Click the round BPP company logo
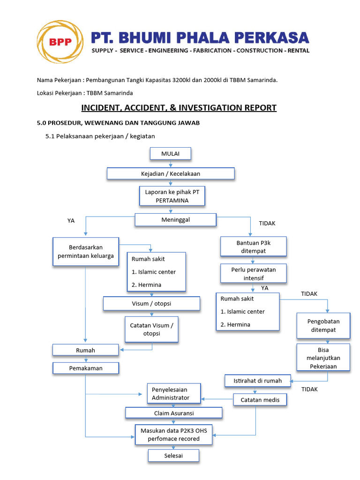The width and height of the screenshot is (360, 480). coord(60,42)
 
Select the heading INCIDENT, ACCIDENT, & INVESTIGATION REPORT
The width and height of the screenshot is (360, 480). coord(179,108)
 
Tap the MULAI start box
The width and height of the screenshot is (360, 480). coord(170,154)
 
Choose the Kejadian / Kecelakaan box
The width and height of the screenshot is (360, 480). coord(171,174)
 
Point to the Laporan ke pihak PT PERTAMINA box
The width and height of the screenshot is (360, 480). coord(172,196)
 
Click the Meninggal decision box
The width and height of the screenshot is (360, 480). coord(176,220)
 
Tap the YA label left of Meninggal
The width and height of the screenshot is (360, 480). coord(71,221)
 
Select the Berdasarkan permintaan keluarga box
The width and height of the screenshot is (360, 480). coord(86,252)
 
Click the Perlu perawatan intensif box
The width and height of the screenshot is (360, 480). coord(254,274)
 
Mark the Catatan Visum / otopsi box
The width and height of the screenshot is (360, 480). coord(151,329)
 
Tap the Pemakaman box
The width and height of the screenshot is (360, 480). coord(86,368)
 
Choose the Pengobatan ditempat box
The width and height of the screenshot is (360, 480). coord(323,325)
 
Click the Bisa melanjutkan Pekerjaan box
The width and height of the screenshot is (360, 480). coord(323,358)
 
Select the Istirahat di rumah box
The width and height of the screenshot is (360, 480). coord(258,381)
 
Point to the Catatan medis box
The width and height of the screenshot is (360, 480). coord(260,400)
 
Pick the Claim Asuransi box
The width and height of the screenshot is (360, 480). coord(174,413)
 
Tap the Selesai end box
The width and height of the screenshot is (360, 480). coord(174,456)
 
